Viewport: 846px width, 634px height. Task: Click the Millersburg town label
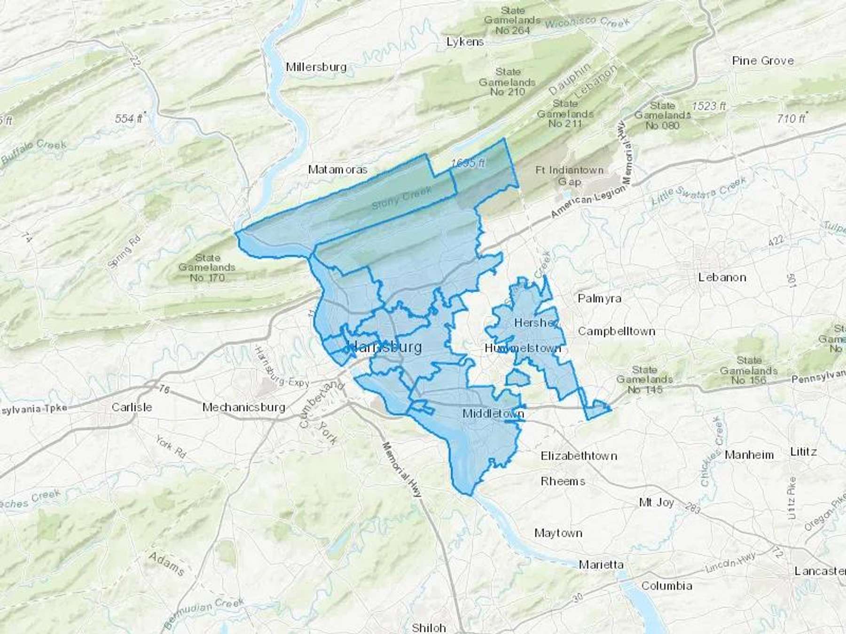[x=316, y=67]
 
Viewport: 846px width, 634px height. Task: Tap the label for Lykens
[x=465, y=42]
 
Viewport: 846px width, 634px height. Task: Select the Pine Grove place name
[x=762, y=61]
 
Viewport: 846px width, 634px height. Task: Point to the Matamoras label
[x=337, y=170]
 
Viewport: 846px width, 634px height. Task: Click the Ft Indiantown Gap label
[x=569, y=176]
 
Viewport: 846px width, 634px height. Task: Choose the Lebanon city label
[x=722, y=277]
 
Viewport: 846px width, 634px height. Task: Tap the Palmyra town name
[x=599, y=298]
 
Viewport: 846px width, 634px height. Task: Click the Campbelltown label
[x=616, y=331]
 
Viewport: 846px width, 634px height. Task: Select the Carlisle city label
[x=132, y=407]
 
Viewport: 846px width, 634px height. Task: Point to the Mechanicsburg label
[x=243, y=407]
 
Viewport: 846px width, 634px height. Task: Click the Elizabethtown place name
[x=579, y=456]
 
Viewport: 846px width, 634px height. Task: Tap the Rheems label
[x=563, y=481]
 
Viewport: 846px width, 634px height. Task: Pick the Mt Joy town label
[x=656, y=503]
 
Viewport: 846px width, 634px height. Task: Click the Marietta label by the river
[x=601, y=564]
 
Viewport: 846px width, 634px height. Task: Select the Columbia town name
[x=666, y=586]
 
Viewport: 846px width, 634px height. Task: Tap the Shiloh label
[x=429, y=628]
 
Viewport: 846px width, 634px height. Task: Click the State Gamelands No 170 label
[x=207, y=268]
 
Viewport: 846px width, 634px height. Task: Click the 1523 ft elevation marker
[x=708, y=106]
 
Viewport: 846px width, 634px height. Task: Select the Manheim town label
[x=749, y=455]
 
